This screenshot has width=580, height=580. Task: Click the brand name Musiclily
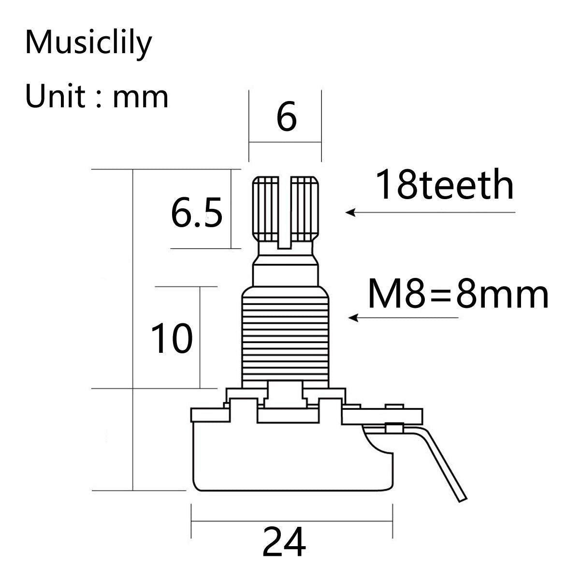[x=88, y=43]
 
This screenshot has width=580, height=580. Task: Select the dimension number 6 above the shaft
[x=286, y=117]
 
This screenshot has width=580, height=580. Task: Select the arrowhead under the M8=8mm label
[x=353, y=318]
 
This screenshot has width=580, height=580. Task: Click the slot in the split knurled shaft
[x=285, y=213]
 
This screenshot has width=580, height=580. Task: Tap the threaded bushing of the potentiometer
[x=285, y=338]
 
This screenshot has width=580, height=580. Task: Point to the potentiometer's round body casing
[x=290, y=459]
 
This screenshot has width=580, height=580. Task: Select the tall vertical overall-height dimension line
[x=132, y=329]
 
